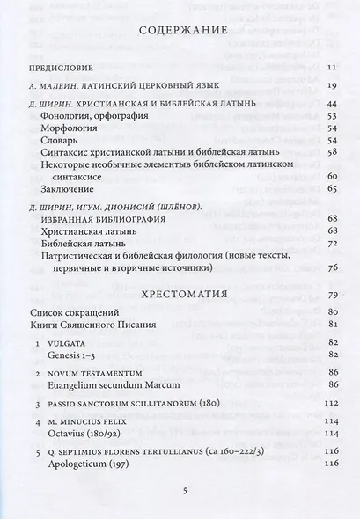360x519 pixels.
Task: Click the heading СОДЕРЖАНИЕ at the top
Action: point(180,32)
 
